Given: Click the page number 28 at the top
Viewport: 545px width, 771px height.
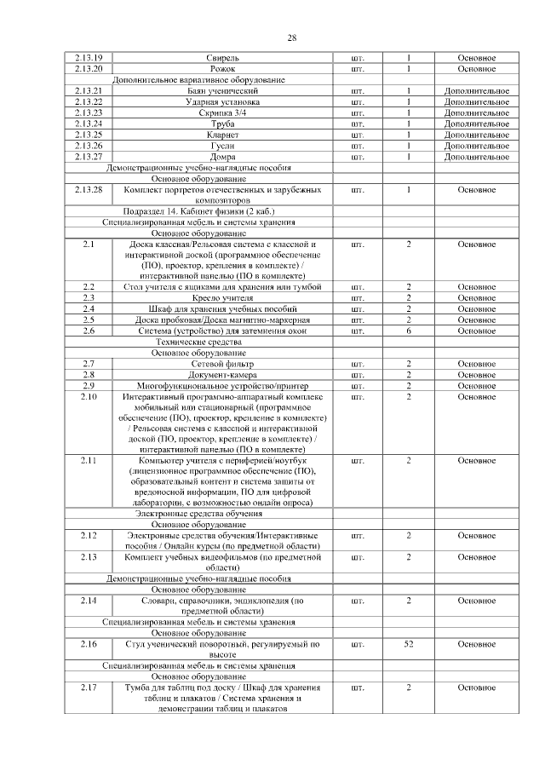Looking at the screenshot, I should point(291,38).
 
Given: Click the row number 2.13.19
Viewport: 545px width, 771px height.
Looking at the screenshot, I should point(89,57).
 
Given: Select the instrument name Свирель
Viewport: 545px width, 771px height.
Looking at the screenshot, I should point(222,57).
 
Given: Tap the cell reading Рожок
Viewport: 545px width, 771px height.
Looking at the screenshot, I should point(222,68).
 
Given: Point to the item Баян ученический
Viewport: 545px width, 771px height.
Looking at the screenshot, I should point(222,90).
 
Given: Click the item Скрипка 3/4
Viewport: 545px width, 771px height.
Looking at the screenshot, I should point(222,112).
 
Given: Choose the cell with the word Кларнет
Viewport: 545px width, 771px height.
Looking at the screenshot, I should point(222,135).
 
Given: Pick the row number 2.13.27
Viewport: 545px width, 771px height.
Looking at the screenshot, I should point(89,157).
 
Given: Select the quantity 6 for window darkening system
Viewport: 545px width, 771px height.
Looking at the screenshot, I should point(409,331).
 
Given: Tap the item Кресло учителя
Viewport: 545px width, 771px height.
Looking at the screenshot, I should point(222,297).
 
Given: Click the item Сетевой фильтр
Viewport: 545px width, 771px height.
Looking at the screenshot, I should point(222,364).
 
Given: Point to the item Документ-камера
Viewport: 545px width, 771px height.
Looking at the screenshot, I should point(222,375).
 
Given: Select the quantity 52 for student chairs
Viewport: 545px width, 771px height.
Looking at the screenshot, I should point(409,645).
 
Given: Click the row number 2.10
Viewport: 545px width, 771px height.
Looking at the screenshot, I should point(89,397).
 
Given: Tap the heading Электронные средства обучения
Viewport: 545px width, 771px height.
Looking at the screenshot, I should point(199,514).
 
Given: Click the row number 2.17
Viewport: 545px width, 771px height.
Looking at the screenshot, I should point(89,688).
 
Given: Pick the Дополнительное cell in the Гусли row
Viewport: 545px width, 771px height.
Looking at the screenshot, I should point(476,146).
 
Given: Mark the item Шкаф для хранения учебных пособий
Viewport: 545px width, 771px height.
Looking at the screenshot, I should point(222,308).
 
